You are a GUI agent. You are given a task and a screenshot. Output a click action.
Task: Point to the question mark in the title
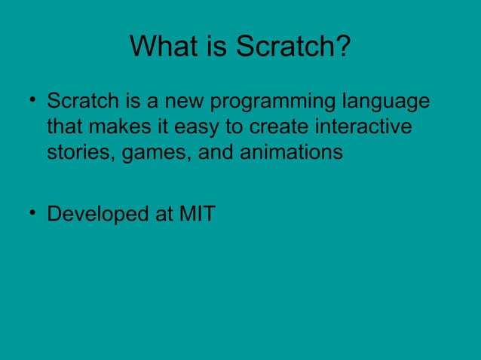343,47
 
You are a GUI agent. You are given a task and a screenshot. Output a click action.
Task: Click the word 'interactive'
365,127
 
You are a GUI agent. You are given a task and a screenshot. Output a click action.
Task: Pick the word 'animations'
291,152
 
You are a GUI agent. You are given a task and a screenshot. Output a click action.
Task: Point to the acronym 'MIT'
196,214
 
